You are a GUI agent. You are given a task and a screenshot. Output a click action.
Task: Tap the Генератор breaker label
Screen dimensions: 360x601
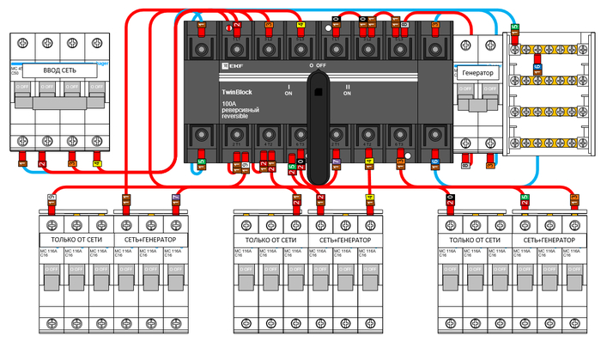(477, 73)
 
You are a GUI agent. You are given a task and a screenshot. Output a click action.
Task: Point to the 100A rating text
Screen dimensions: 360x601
(229, 105)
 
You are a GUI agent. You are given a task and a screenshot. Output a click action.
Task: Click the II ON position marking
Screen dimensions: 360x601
(348, 90)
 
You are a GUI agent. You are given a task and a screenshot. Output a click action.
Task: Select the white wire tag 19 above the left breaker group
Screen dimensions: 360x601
(52, 198)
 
